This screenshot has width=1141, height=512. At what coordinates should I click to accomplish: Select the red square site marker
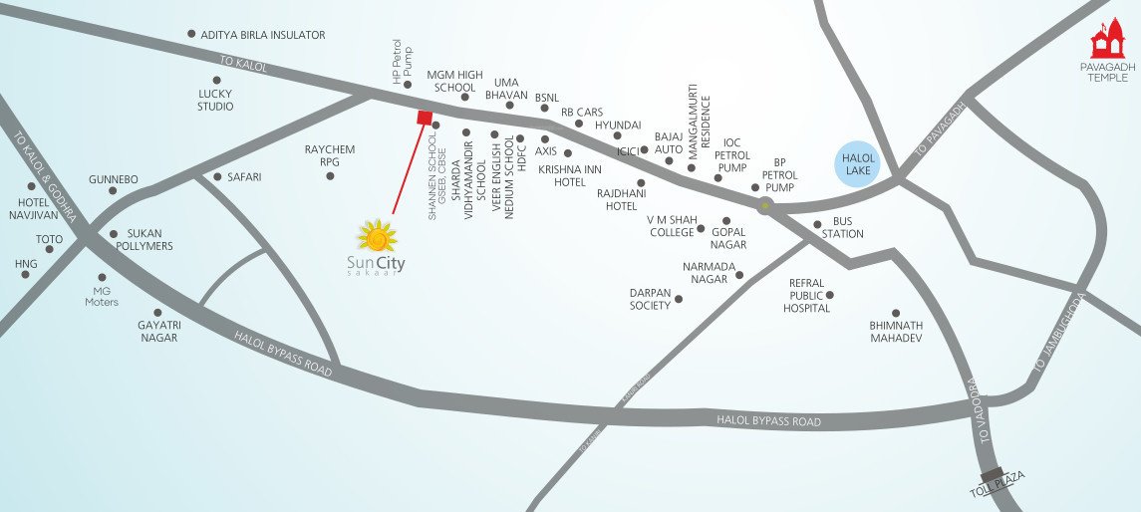424,119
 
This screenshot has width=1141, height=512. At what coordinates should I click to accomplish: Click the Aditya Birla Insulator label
263,35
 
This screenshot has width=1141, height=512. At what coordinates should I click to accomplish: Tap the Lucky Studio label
215,100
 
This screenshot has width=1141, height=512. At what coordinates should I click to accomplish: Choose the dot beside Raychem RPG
330,176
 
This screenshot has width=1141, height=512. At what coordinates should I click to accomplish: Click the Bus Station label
842,228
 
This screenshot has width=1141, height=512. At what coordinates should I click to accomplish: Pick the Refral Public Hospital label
806,296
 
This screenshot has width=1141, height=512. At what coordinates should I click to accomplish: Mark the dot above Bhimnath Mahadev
895,313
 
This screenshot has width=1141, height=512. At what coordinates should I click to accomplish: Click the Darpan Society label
650,299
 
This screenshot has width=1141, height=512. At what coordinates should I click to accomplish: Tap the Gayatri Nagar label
157,331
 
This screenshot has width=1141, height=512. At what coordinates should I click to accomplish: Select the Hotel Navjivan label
32,208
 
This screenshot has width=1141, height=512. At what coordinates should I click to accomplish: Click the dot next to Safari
218,177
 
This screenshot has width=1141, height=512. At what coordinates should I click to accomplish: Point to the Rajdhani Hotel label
617,199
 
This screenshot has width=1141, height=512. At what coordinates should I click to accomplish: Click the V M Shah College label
671,226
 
